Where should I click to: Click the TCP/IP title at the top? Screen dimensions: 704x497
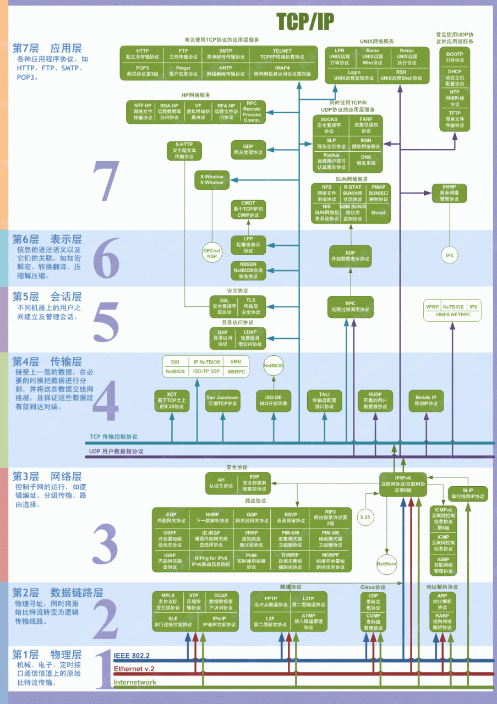point(305,21)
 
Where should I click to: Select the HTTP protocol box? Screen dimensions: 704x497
point(142,54)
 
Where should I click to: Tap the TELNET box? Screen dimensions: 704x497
point(282,54)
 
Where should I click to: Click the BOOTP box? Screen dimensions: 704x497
point(455,57)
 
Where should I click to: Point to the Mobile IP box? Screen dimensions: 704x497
point(426,400)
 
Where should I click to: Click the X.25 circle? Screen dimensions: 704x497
point(364,517)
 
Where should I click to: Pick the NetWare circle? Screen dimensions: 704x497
point(386,564)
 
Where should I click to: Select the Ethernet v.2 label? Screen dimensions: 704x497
point(134,669)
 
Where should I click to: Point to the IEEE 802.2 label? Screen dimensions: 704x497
point(131,656)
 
